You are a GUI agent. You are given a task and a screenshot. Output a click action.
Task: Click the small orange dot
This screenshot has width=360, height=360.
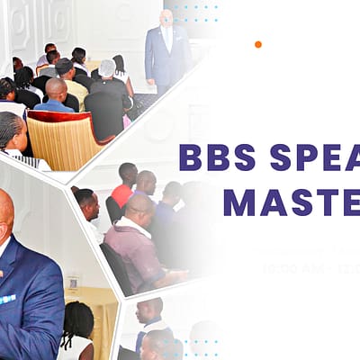[257, 44]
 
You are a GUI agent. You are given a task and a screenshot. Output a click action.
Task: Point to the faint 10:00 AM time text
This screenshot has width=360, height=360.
[287, 268]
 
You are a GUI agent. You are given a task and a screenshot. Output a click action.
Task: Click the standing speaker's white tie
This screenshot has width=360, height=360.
[166, 40]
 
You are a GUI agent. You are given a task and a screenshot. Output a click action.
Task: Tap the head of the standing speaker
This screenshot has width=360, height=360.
[166, 18]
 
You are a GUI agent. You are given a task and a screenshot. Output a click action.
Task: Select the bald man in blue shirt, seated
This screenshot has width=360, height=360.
[56, 94]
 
